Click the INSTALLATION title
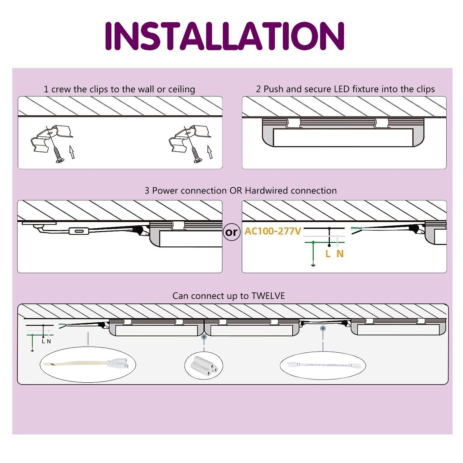click(224, 36)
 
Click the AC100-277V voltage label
click(272, 231)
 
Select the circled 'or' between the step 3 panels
click(231, 232)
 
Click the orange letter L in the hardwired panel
click(328, 254)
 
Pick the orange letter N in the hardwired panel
click(340, 254)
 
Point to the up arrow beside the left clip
click(72, 152)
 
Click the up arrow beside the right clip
click(209, 152)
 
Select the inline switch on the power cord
click(78, 231)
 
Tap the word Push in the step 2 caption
click(274, 89)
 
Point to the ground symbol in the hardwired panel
click(313, 266)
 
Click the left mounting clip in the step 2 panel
click(293, 123)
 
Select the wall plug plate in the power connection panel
click(39, 223)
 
